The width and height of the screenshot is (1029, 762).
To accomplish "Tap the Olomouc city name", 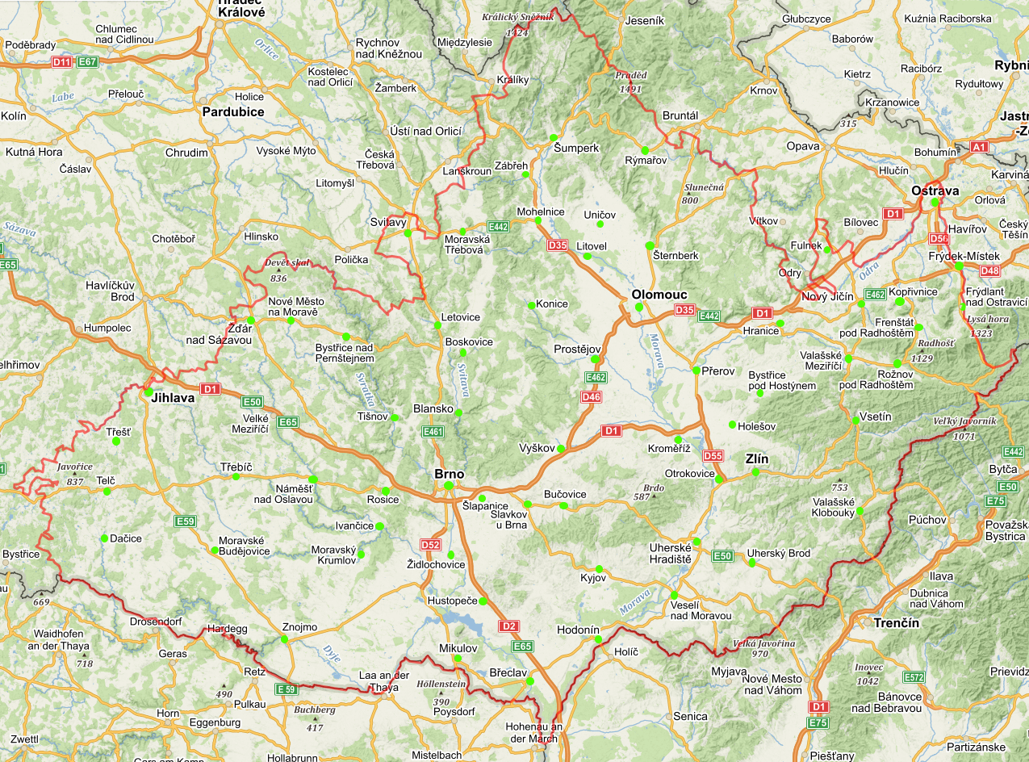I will (x=659, y=295).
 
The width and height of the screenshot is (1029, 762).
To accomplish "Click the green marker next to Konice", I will (x=531, y=305).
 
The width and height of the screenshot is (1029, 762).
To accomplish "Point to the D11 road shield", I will (x=61, y=61).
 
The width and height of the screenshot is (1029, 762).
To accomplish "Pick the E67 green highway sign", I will (x=87, y=61).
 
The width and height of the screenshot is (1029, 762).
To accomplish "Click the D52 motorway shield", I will (x=430, y=545).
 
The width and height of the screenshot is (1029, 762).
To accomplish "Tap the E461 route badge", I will (x=433, y=432).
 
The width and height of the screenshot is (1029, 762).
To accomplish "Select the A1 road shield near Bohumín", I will (x=979, y=147).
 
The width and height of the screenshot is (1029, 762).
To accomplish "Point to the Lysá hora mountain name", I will (x=987, y=319).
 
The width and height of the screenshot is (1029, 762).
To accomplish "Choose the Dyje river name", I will (x=332, y=651).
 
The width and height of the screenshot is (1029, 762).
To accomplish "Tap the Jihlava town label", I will (x=173, y=397).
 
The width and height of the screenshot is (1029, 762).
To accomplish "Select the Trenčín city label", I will (x=897, y=623).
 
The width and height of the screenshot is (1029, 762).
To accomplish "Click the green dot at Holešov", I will (x=732, y=425).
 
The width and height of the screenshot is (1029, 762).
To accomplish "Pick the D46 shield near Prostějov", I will (x=592, y=396).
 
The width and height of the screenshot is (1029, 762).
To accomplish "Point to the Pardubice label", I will (x=233, y=111).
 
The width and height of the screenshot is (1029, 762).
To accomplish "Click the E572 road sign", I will (x=914, y=677).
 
